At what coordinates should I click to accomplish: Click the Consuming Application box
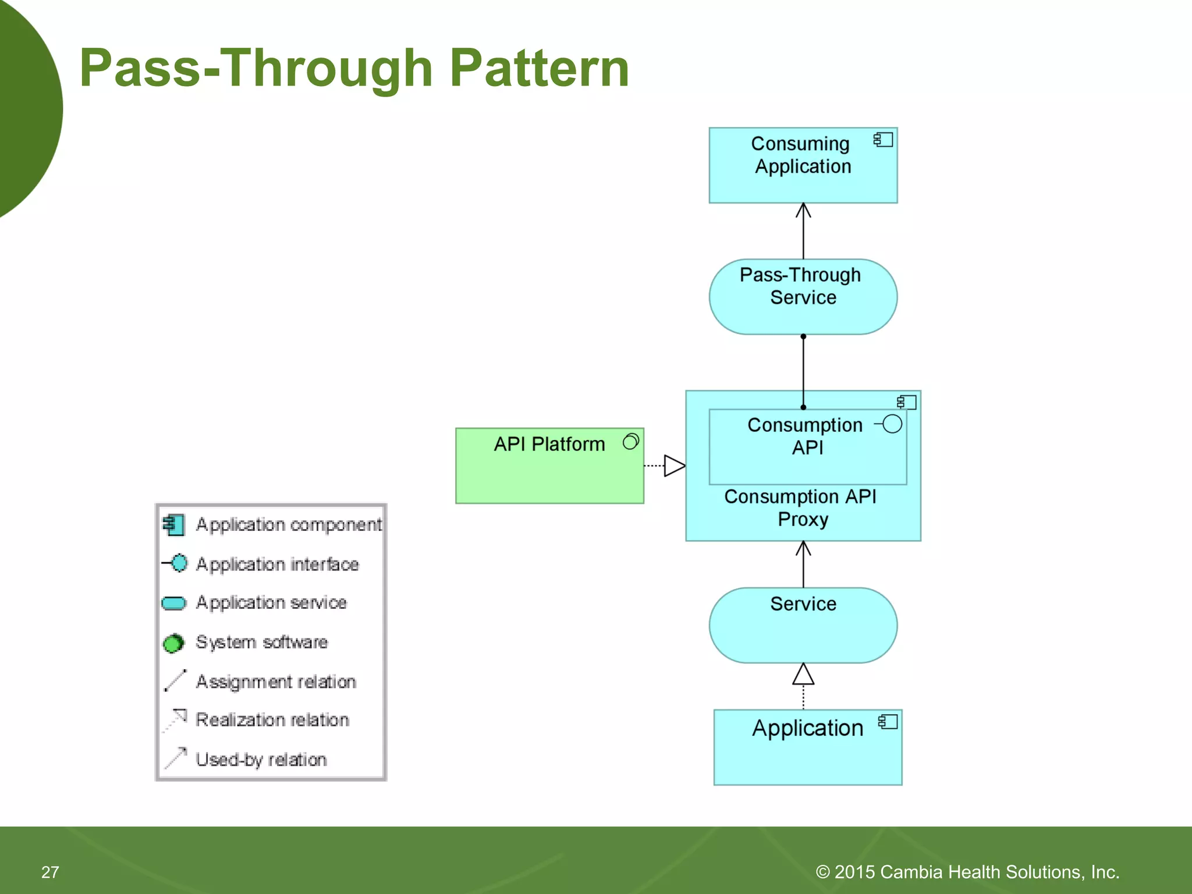pos(803,165)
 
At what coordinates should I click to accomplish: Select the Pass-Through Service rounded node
pos(803,297)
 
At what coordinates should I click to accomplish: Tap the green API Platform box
pos(549,466)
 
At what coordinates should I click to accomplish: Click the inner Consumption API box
pos(807,447)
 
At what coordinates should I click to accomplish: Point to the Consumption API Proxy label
pos(801,508)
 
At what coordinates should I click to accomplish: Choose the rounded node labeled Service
pos(803,625)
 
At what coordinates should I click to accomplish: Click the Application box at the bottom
pos(807,747)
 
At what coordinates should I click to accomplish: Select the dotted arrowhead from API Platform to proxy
pos(675,466)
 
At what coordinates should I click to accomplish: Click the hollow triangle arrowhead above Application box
pos(803,675)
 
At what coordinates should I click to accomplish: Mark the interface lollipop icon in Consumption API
pos(889,424)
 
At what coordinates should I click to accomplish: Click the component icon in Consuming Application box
pos(883,140)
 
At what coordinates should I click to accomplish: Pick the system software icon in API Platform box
pos(631,442)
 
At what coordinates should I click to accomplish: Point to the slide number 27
pos(50,872)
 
